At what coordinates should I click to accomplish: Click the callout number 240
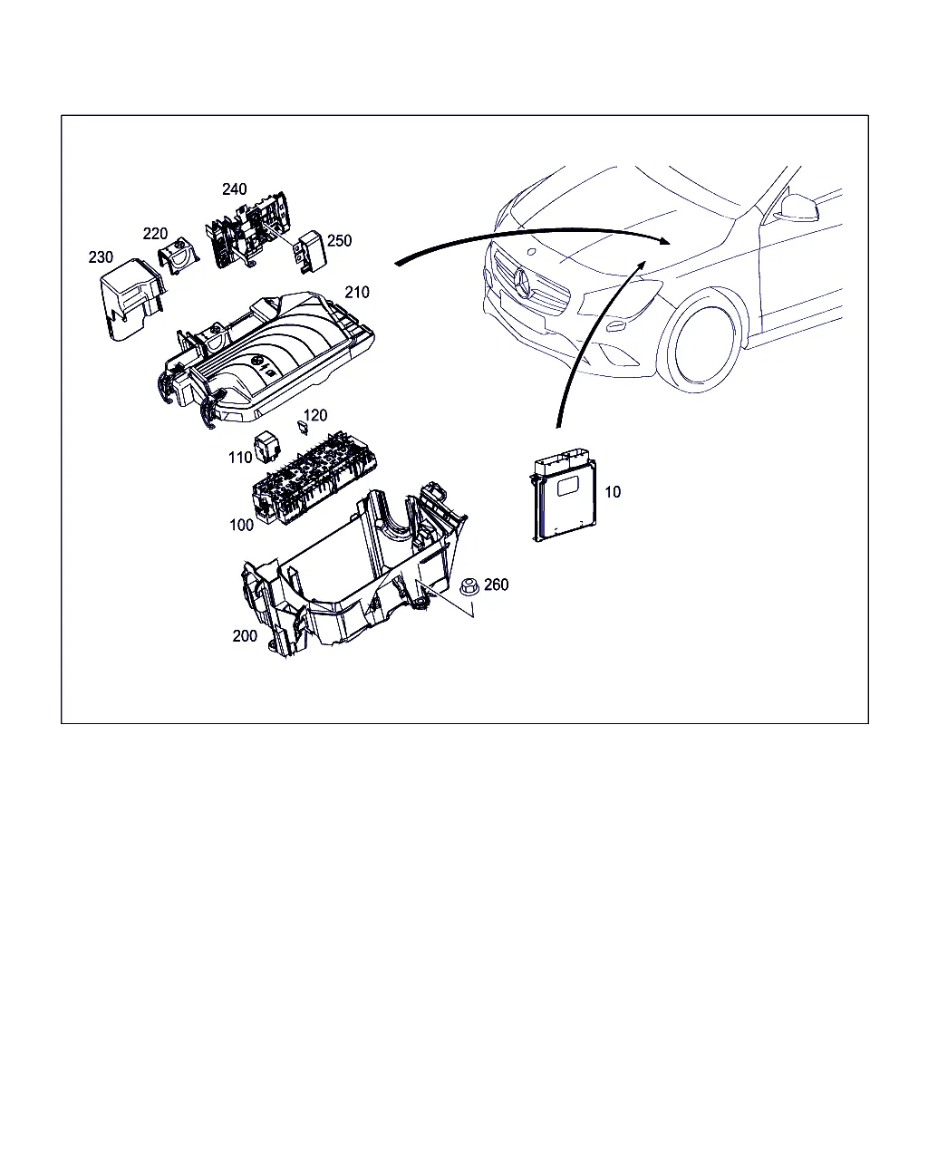coord(234,189)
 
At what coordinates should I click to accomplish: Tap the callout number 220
coord(155,234)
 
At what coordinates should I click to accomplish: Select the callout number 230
coord(101,257)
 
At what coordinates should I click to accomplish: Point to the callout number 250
coord(339,240)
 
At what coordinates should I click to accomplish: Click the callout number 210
coord(357,292)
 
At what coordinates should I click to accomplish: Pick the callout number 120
coord(315,415)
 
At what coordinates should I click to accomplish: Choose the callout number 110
coord(240,458)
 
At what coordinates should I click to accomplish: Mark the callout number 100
coord(241,525)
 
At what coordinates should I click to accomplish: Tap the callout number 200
coord(245,636)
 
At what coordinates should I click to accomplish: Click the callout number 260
coord(496,585)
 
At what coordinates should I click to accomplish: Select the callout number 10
coord(613,491)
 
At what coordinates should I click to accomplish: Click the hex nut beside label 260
coord(469,587)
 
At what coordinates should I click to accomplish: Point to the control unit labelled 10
coord(564,494)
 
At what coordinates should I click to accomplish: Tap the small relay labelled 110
coord(266,445)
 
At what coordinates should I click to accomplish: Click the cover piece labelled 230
coord(131,300)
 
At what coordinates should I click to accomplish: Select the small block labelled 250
coord(310,252)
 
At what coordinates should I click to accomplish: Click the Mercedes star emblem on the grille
coord(523,281)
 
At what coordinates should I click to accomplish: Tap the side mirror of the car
coord(798,208)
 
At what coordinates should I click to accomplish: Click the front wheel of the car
coord(701,345)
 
